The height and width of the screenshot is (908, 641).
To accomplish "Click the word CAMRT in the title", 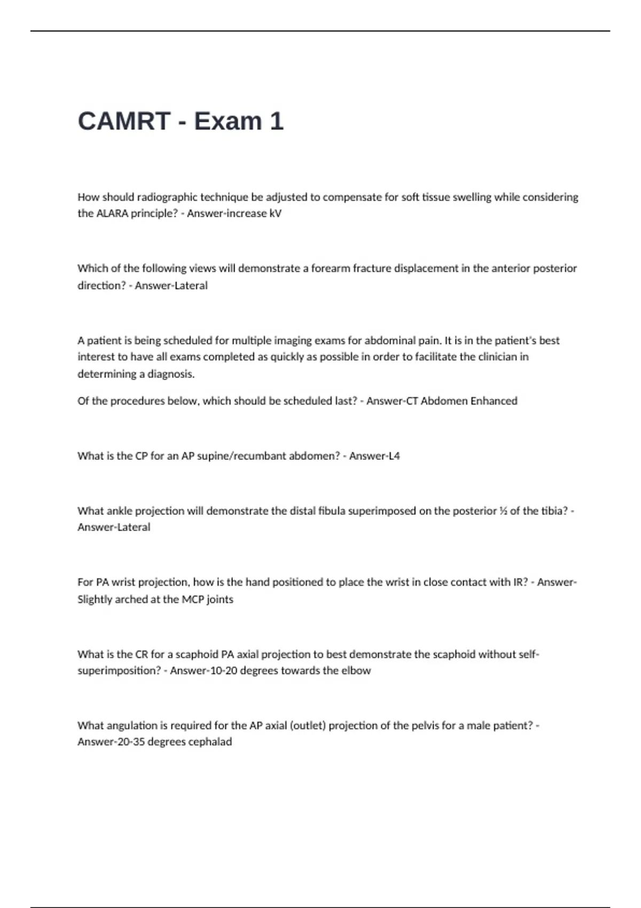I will tap(124, 121).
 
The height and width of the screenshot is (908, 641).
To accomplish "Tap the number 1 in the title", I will tap(276, 121).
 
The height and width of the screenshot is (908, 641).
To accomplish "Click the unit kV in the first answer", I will tap(275, 214).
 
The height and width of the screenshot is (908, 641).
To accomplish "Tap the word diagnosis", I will tap(171, 374).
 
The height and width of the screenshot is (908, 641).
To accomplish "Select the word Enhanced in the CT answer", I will tap(494, 401).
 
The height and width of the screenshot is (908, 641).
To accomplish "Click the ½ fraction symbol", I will tap(503, 511).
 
